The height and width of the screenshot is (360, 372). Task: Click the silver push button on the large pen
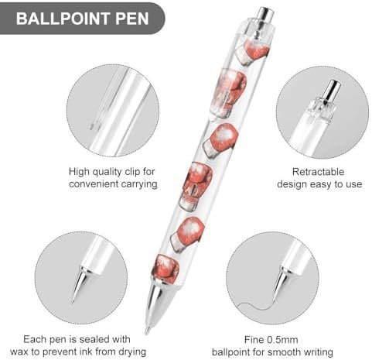(x=266, y=15)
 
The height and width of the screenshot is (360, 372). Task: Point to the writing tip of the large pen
(x=147, y=331)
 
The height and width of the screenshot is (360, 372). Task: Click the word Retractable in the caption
(x=318, y=172)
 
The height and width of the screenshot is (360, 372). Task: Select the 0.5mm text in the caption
(x=282, y=340)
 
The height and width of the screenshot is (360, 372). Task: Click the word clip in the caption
(x=132, y=172)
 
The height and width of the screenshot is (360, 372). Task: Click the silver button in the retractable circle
(x=331, y=91)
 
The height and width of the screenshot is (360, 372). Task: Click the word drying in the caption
(x=132, y=352)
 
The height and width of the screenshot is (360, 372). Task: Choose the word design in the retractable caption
(x=292, y=184)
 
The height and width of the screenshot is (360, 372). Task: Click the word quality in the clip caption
(x=107, y=172)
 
